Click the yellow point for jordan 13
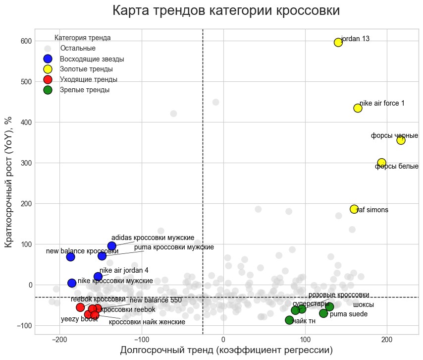[x=338, y=42]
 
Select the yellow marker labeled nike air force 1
[x=358, y=108]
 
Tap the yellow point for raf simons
[x=354, y=209]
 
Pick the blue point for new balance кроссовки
[x=70, y=257]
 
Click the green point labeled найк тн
[x=289, y=320]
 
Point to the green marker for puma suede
[x=323, y=313]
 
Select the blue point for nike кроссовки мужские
[x=72, y=283]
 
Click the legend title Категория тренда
[x=82, y=38]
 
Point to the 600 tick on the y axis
[x=26, y=41]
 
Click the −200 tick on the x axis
[x=59, y=340]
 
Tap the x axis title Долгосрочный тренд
[x=226, y=351]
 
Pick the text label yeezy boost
[x=79, y=319]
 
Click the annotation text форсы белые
[x=396, y=167]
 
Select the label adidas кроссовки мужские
[x=153, y=238]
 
